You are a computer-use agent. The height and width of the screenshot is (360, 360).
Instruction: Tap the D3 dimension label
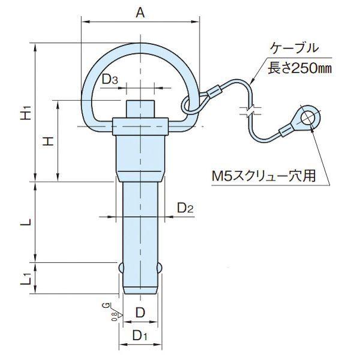pyautogui.click(x=110, y=79)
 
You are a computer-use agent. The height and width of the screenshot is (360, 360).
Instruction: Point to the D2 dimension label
pyautogui.click(x=185, y=208)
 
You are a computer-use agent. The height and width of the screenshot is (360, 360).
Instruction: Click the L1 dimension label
pyautogui.click(x=26, y=278)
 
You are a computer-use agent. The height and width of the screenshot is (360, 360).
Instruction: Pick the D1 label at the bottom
pyautogui.click(x=140, y=335)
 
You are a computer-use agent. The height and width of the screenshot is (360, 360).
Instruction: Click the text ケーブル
pyautogui.click(x=295, y=48)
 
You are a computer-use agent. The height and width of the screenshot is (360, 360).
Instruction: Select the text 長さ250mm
pyautogui.click(x=300, y=68)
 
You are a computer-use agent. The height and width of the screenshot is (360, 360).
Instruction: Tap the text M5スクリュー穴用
pyautogui.click(x=263, y=176)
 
